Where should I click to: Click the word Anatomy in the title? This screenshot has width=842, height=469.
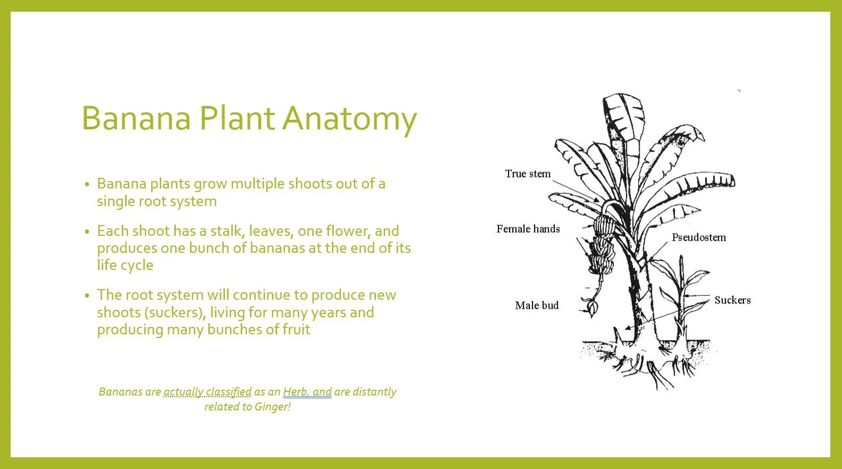349,118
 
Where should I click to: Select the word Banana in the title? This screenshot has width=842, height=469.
136,118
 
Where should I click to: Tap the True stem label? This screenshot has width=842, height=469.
527,174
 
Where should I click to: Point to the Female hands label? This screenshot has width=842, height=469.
528,229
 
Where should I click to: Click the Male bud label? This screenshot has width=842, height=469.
536,306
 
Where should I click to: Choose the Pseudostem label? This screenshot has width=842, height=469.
698,237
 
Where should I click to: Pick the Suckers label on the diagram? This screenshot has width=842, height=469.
732,300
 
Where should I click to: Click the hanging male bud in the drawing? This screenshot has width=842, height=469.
591,307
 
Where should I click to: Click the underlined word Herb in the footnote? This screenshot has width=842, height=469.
295,392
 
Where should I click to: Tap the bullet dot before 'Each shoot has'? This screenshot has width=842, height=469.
87,232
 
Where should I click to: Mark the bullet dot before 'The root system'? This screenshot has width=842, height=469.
87,295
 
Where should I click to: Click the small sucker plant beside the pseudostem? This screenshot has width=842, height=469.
682,298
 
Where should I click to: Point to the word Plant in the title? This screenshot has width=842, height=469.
236,118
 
